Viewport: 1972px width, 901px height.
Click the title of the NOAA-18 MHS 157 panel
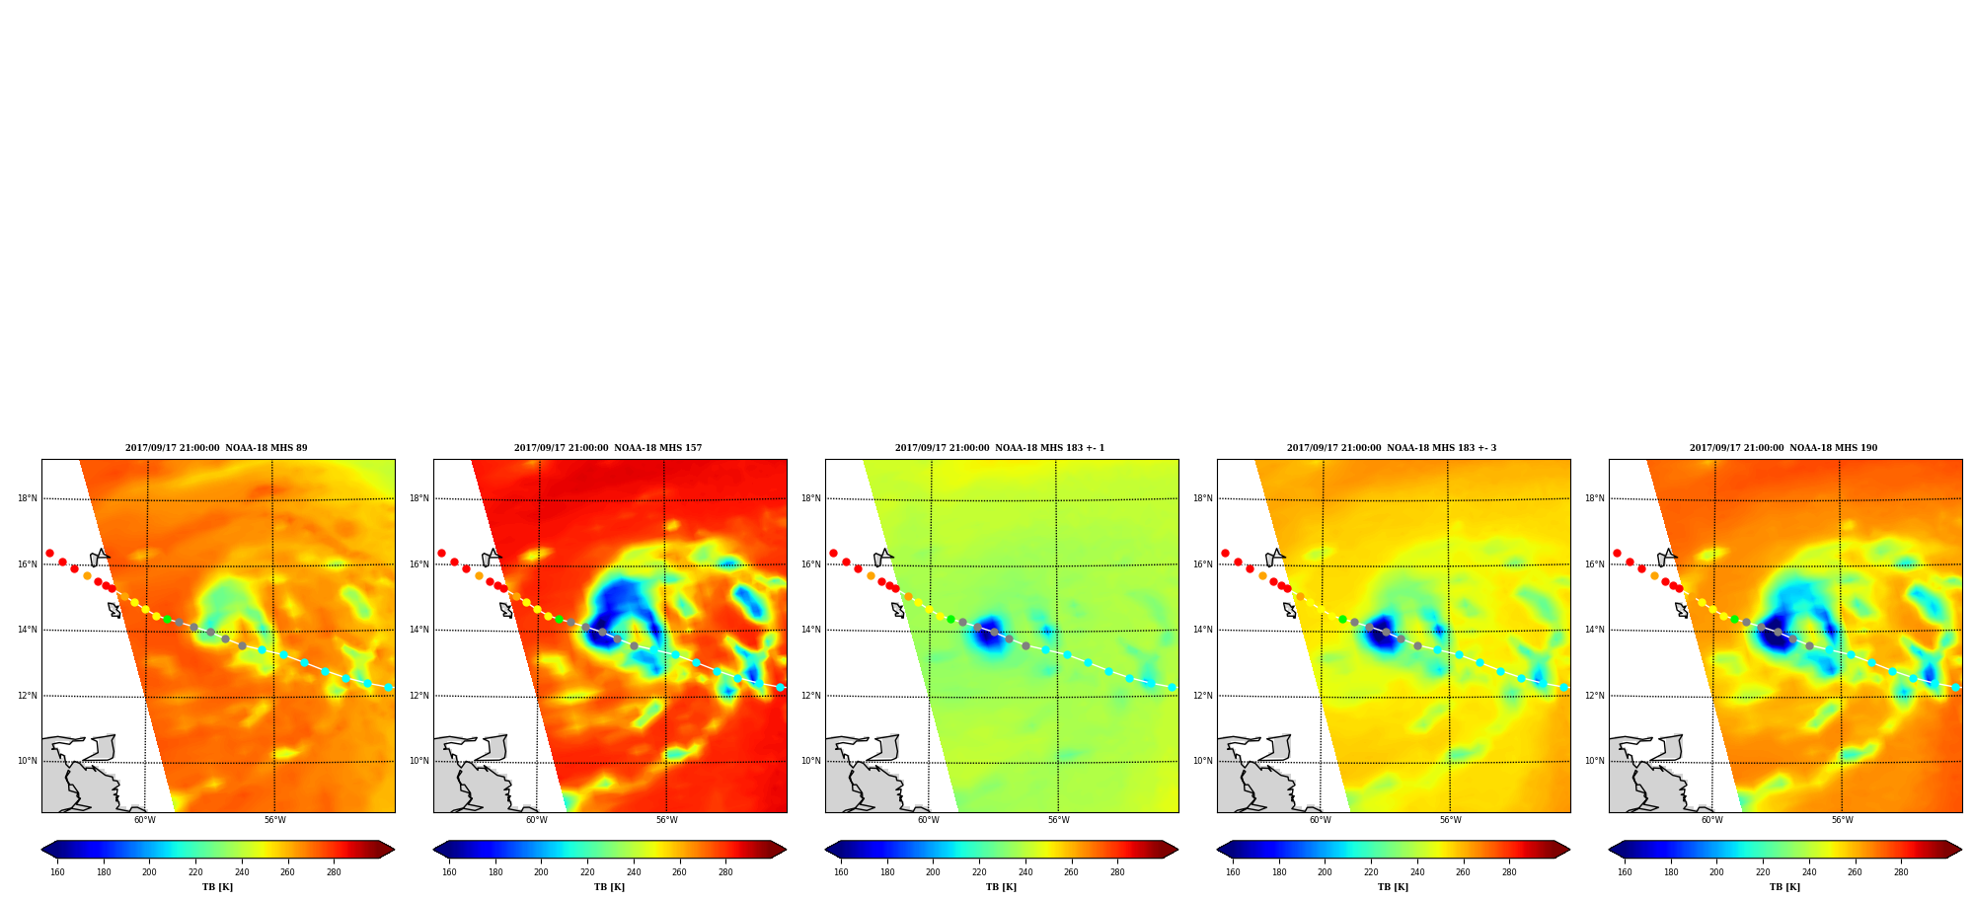tap(608, 448)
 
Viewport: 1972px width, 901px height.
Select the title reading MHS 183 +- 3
tap(1392, 448)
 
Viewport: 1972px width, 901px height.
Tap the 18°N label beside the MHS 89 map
tap(28, 498)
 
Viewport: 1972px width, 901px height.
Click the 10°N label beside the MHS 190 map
tap(1595, 761)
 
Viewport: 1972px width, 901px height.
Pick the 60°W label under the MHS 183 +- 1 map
tap(929, 820)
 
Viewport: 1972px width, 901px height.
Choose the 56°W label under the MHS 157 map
tap(667, 820)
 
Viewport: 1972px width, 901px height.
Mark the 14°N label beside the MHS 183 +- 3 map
tap(1203, 630)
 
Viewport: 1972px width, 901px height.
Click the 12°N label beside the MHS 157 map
tap(419, 696)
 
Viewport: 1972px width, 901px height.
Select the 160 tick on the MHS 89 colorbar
tap(57, 872)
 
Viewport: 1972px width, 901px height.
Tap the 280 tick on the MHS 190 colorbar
tap(1901, 872)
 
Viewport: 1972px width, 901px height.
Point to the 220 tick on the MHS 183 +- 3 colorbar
tap(1371, 872)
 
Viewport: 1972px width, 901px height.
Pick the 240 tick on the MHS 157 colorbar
tap(634, 872)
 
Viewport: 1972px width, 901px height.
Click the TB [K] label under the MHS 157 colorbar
tap(609, 887)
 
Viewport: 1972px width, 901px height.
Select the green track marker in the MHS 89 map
tap(167, 619)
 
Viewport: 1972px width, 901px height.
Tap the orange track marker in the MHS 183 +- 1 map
tap(871, 575)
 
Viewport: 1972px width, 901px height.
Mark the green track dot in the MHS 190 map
tap(1734, 619)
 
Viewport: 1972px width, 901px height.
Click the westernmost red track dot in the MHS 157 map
tap(441, 553)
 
